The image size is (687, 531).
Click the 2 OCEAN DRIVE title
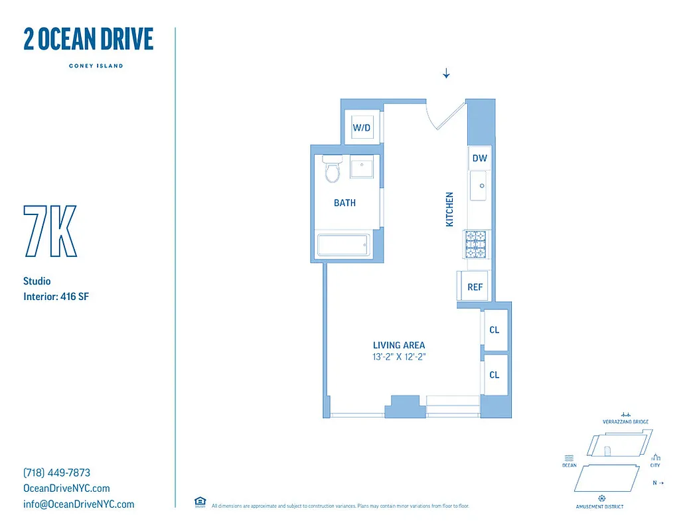click(88, 40)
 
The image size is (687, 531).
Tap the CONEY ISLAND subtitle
click(96, 66)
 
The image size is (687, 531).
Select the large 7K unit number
click(50, 232)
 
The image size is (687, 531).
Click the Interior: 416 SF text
click(56, 297)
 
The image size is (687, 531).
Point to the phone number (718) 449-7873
click(56, 473)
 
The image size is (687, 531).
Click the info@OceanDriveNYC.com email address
click(78, 504)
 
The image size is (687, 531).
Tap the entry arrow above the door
click(446, 73)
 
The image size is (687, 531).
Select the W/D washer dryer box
click(361, 127)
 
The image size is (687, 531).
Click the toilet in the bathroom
click(332, 170)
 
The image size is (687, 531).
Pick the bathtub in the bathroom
click(343, 245)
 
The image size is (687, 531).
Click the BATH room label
click(344, 203)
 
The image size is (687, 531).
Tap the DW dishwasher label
click(479, 158)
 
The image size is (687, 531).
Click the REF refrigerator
click(474, 287)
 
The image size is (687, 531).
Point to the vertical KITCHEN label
click(449, 210)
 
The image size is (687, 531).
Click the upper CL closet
click(495, 330)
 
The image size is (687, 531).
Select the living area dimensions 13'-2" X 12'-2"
click(398, 356)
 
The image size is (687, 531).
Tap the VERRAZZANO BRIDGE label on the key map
click(625, 422)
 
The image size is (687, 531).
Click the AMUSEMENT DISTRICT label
click(599, 506)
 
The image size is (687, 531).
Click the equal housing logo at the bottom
click(199, 502)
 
